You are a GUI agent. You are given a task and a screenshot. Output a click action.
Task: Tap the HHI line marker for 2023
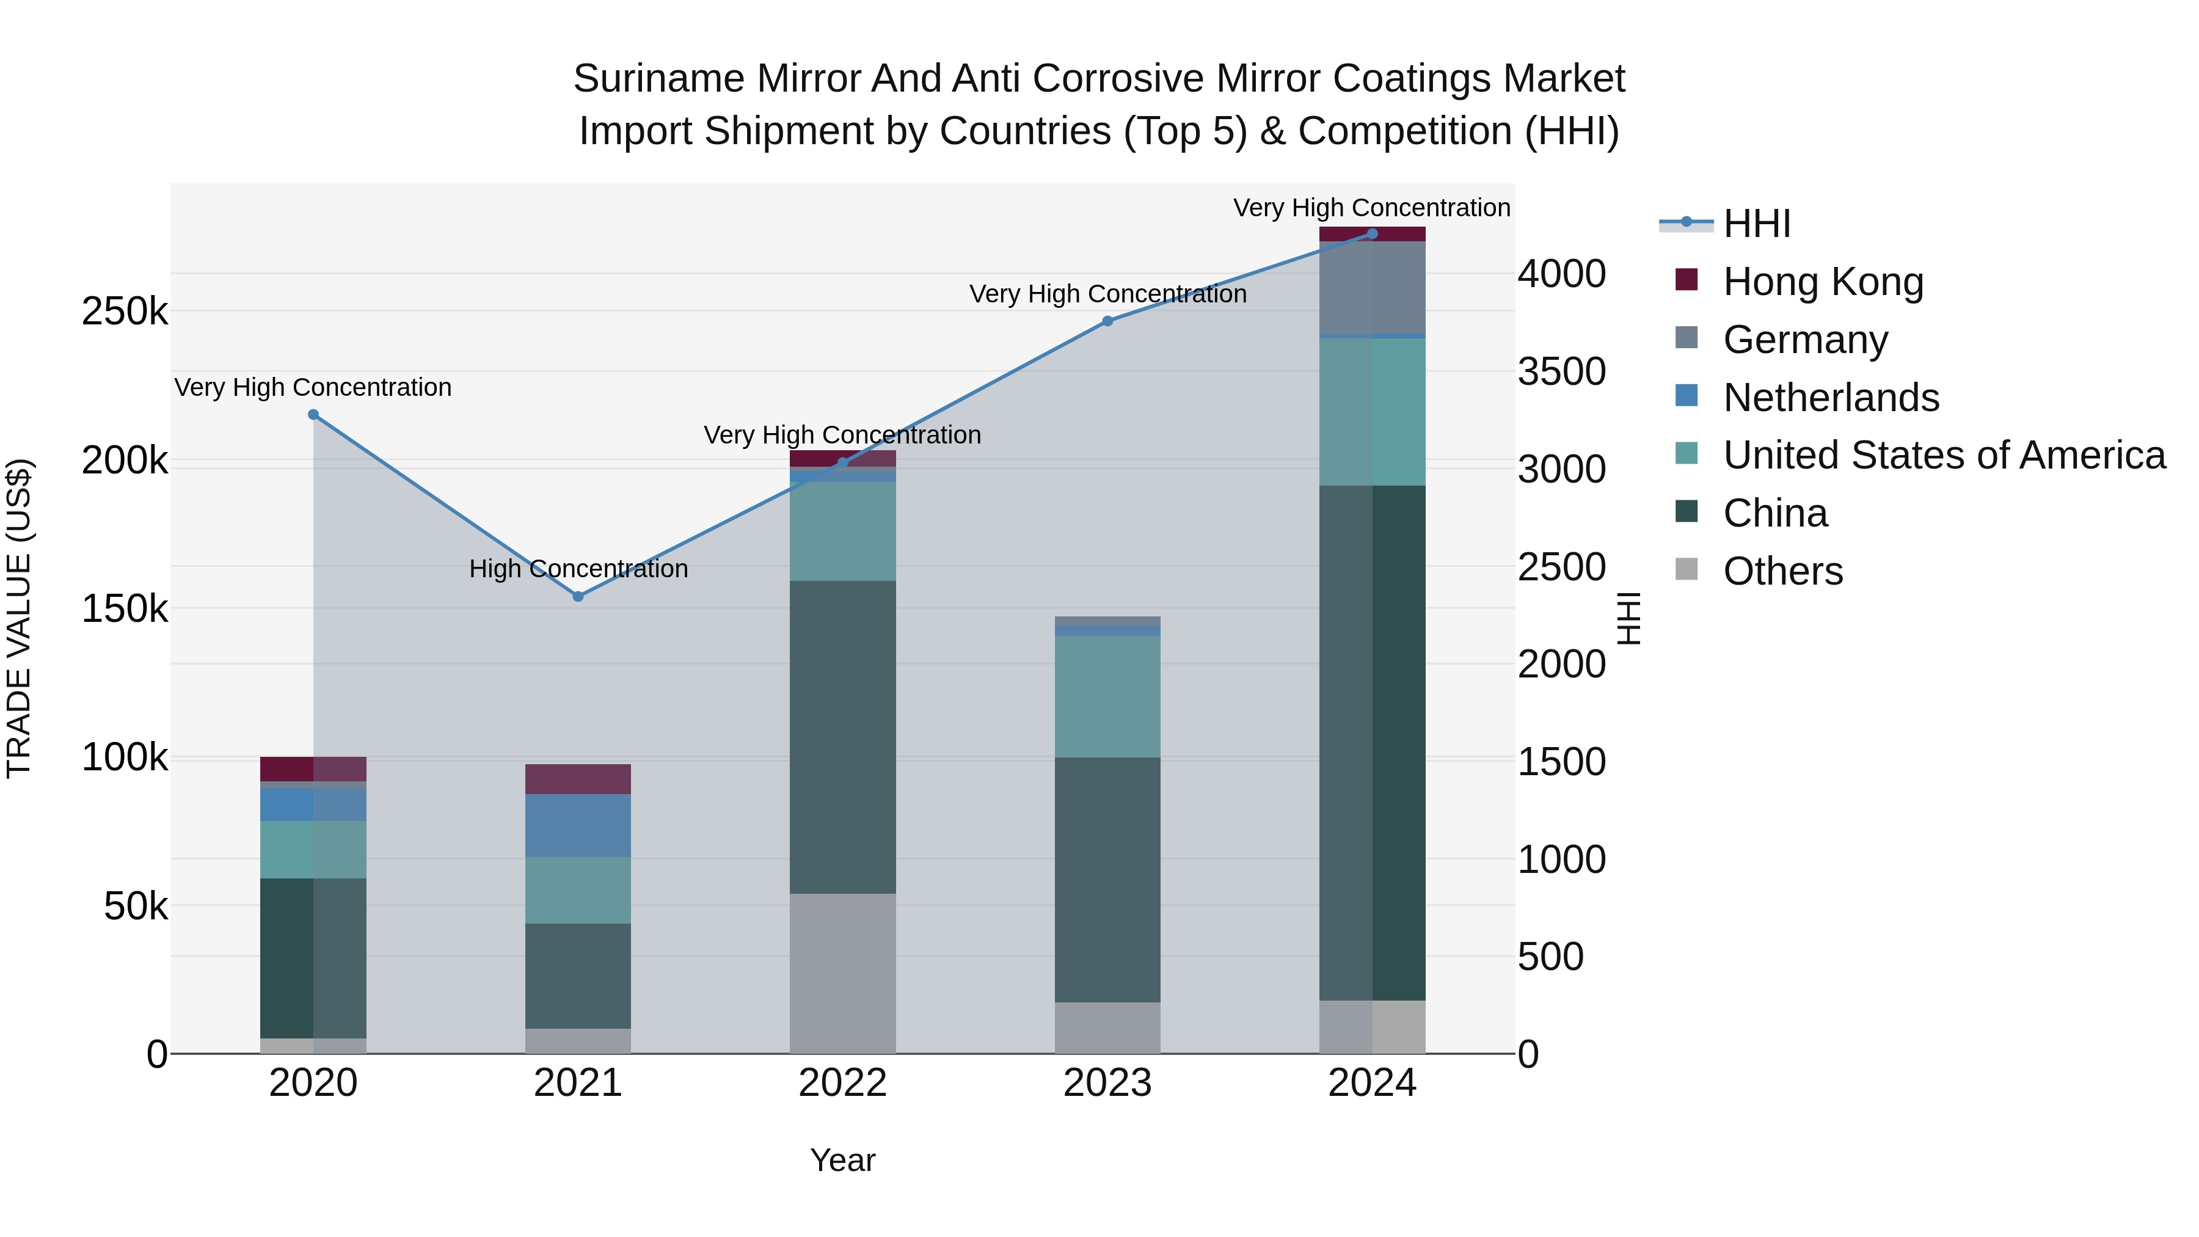(x=1107, y=321)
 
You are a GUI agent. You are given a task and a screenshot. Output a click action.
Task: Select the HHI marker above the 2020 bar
(x=313, y=415)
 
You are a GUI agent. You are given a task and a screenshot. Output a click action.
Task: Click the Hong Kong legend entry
(x=1823, y=282)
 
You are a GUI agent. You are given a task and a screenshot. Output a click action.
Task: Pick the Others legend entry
(x=1782, y=571)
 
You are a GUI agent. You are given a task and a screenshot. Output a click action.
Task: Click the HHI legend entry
(x=1756, y=224)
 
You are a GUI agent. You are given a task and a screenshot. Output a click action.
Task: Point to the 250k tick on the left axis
(x=125, y=312)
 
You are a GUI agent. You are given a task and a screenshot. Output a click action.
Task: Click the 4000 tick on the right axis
(x=1561, y=274)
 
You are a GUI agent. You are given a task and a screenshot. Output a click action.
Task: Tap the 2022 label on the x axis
(x=842, y=1083)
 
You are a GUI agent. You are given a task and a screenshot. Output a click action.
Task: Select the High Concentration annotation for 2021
(x=578, y=569)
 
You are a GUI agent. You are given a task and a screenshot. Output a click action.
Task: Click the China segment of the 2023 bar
(x=1107, y=879)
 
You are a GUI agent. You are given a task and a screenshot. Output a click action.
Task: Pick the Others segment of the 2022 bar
(x=842, y=973)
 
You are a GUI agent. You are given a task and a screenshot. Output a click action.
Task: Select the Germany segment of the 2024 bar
(x=1372, y=288)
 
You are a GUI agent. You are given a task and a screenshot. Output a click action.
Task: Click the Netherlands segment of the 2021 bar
(x=578, y=825)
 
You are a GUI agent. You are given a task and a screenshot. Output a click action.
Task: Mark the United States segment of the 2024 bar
(x=1372, y=412)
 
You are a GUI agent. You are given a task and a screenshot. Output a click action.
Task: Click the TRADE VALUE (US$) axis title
(x=19, y=618)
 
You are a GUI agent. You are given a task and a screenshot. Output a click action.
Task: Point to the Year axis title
(x=842, y=1160)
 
